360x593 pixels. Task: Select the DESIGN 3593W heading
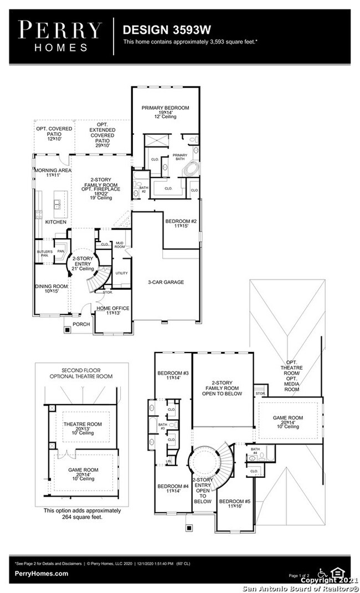(160, 29)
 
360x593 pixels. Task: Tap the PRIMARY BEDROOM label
(165, 108)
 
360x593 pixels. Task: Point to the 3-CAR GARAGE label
(166, 282)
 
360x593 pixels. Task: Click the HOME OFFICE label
(113, 308)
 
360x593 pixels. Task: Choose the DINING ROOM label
(52, 287)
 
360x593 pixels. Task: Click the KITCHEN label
(55, 222)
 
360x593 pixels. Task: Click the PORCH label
(81, 325)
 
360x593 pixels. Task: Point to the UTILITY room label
(121, 273)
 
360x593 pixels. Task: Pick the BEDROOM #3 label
(173, 373)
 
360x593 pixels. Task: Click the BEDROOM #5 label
(235, 502)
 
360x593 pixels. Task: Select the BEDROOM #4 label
(173, 486)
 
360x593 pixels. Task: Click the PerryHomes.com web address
(42, 574)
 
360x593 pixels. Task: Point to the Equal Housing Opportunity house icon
(336, 572)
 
